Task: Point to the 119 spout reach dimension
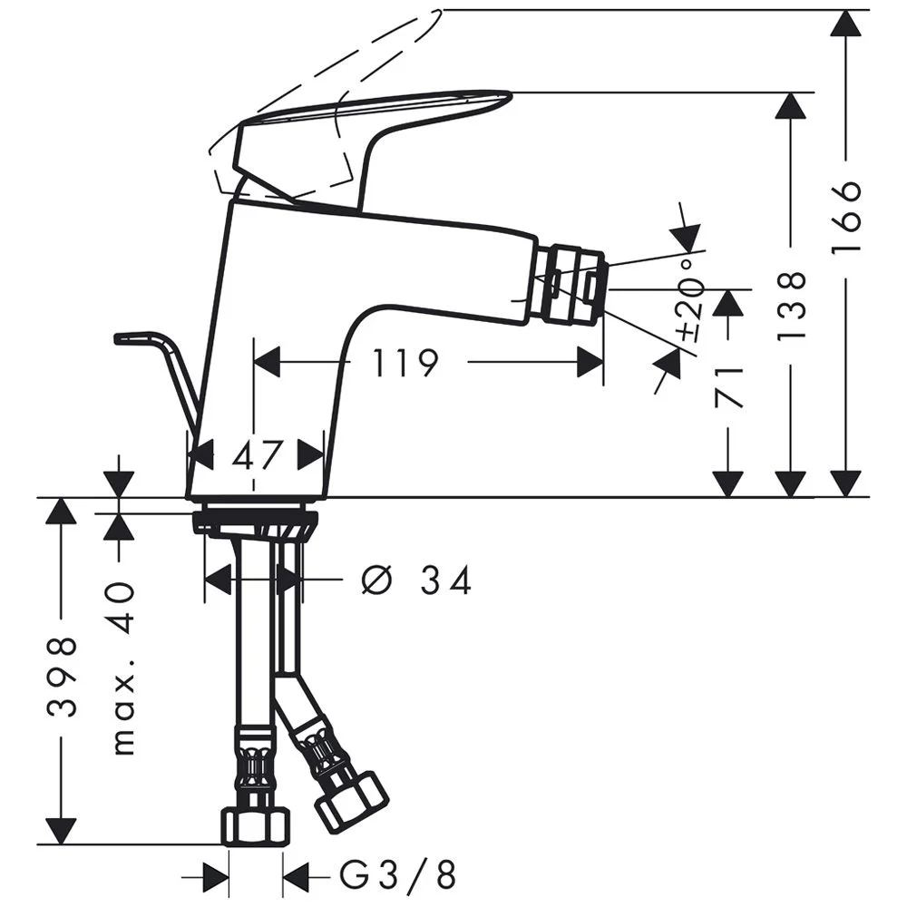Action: point(405,364)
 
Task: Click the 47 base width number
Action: point(257,453)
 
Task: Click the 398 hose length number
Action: point(62,677)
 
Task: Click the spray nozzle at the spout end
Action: point(568,284)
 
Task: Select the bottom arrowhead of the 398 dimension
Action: point(62,830)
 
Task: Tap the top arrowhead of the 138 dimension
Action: point(792,106)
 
